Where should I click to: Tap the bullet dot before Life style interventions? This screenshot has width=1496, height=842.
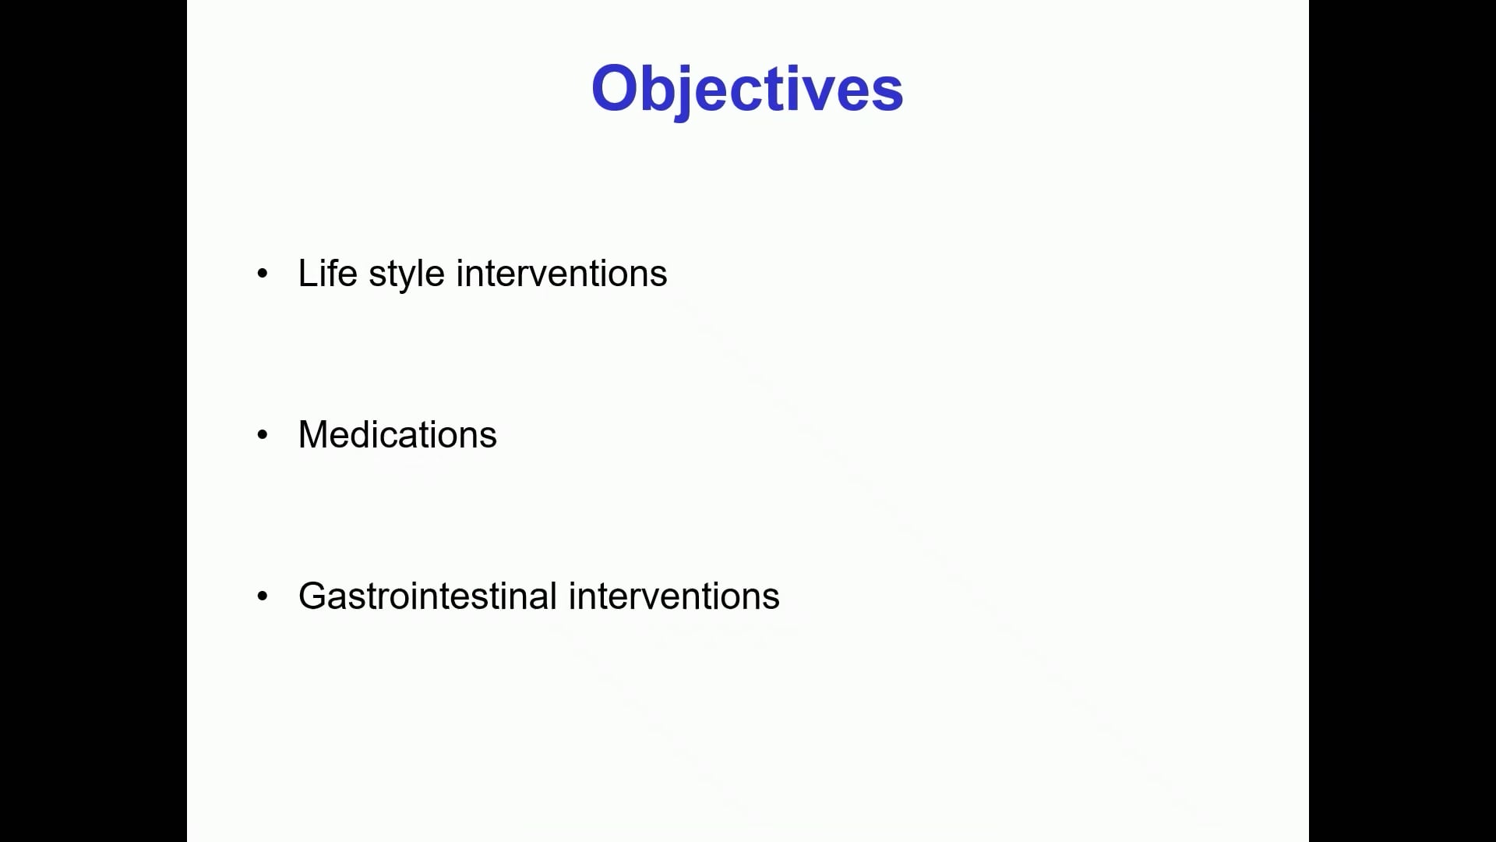[x=262, y=274]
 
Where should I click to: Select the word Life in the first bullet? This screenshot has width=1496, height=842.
[x=327, y=273]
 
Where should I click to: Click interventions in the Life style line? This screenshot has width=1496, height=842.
[x=562, y=273]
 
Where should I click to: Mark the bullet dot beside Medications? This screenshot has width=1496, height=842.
[x=262, y=435]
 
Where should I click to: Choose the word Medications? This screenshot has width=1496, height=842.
[x=397, y=434]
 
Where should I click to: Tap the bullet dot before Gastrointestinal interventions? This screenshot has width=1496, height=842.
[x=262, y=596]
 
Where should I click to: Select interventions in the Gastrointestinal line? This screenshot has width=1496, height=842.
[x=674, y=596]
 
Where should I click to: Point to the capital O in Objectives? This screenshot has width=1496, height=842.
[x=616, y=88]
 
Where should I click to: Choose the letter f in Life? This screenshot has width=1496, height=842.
[x=334, y=273]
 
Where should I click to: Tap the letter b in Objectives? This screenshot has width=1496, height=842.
[x=663, y=88]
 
